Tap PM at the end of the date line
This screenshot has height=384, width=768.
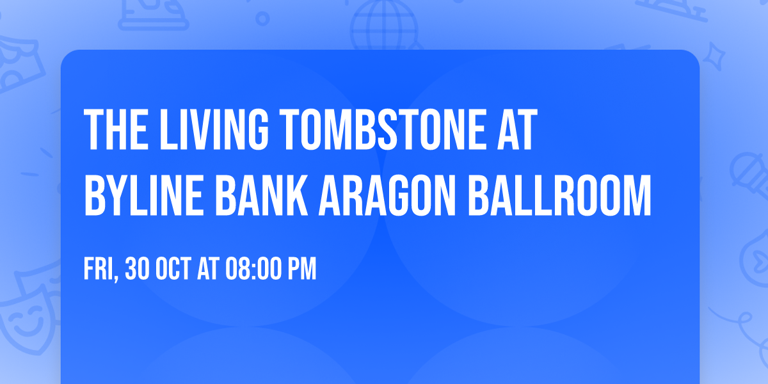point(302,269)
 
